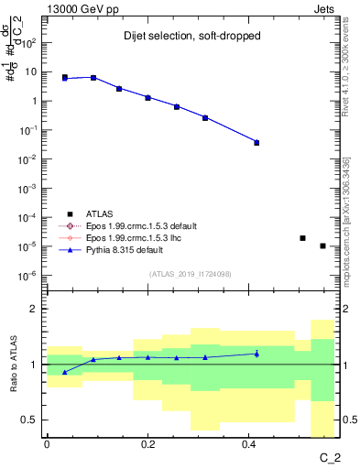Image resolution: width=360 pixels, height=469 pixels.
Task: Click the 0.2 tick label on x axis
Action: (x=147, y=443)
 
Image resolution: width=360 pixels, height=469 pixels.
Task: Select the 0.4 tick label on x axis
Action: (x=249, y=443)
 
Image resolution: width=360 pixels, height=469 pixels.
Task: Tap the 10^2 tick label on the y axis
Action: (x=28, y=42)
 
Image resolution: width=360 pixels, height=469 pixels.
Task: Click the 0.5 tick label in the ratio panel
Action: (x=29, y=420)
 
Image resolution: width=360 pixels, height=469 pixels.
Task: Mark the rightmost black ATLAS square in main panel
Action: (x=322, y=245)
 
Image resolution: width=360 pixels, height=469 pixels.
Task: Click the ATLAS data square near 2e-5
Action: (x=302, y=238)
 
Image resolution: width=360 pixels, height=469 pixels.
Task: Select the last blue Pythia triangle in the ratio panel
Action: (x=256, y=354)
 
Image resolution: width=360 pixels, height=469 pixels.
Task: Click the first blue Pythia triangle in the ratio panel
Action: (x=64, y=372)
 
